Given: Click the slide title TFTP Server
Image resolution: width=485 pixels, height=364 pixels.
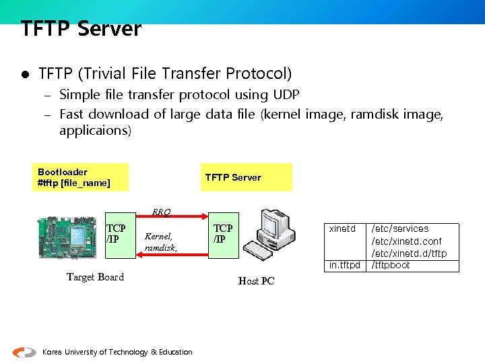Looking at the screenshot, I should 81,29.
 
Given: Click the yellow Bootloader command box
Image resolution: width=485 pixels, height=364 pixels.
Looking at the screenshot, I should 80,177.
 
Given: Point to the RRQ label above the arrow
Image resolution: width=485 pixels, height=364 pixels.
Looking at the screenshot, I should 161,212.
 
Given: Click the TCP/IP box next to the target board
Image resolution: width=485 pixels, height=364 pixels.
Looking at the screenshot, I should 116,234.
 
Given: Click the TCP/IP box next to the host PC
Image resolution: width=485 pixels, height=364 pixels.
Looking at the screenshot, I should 223,234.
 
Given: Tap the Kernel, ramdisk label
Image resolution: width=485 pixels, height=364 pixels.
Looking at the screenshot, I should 160,242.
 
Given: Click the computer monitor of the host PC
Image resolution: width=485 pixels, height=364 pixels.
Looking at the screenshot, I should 276,225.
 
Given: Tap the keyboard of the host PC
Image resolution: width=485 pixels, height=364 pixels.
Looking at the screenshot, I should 258,251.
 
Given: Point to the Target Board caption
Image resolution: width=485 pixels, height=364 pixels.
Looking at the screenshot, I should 95,277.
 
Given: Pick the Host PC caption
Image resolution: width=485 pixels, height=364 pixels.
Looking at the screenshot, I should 256,281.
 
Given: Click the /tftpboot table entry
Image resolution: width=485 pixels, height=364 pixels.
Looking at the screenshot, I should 391,265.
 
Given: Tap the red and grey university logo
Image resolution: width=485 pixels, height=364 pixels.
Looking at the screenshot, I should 25,352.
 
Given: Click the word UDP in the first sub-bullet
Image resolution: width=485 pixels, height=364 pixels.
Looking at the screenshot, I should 286,94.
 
